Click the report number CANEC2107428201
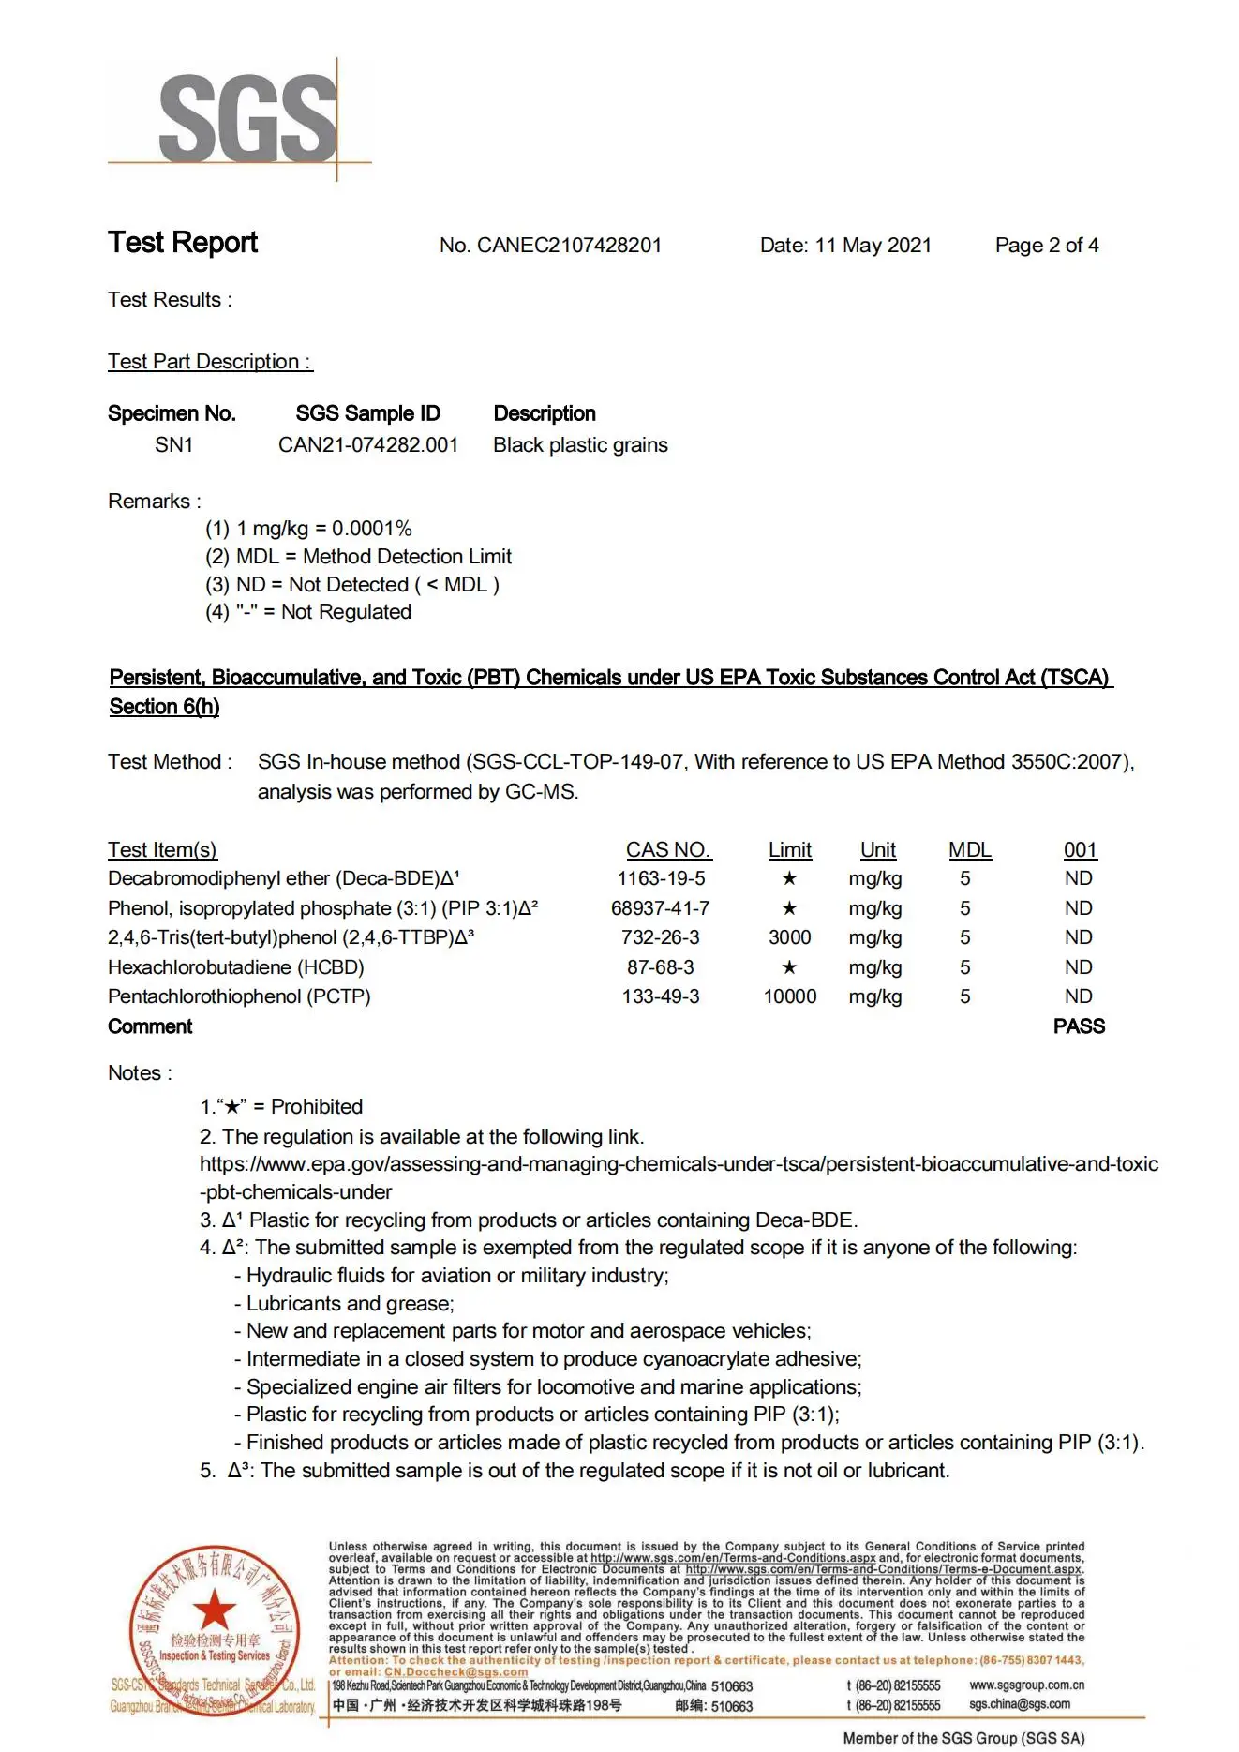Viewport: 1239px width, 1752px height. (x=569, y=246)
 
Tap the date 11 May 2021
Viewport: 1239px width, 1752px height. (x=873, y=246)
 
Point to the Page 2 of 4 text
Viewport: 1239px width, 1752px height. (x=1046, y=246)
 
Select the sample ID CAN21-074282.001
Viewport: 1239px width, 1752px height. (x=368, y=445)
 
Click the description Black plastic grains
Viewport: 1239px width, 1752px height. (x=580, y=445)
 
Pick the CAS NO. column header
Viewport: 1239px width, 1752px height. (x=668, y=850)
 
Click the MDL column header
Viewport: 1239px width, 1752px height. (x=969, y=850)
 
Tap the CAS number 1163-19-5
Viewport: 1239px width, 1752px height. (x=661, y=878)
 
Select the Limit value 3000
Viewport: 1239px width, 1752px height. (x=789, y=937)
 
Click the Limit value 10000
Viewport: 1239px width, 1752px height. (x=789, y=996)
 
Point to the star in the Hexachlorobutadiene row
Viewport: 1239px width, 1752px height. (x=789, y=967)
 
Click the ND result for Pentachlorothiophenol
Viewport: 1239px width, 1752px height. (x=1078, y=996)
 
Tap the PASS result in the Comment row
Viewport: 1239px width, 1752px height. (x=1079, y=1026)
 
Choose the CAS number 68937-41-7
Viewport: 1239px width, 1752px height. (x=660, y=908)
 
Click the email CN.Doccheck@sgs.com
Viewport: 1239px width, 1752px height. (x=455, y=1672)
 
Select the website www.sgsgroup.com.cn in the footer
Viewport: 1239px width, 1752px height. (x=1026, y=1685)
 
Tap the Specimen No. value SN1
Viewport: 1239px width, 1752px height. (x=173, y=445)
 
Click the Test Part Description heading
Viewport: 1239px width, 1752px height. (x=210, y=362)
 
